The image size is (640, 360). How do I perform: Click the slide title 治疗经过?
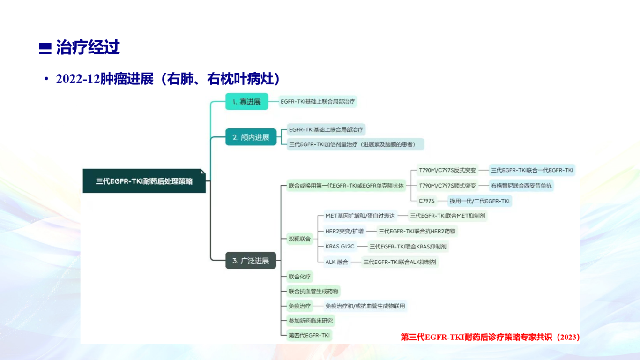(88, 47)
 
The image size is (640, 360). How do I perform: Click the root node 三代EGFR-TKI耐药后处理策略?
(144, 181)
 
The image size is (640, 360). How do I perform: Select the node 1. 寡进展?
(247, 102)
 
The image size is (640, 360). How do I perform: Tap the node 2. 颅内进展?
(251, 137)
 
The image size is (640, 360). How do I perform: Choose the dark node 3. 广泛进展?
(251, 261)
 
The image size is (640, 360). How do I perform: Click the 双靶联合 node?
(299, 239)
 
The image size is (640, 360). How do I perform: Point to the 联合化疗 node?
(299, 277)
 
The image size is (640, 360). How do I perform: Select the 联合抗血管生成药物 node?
(313, 292)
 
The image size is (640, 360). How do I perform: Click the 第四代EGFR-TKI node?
(309, 335)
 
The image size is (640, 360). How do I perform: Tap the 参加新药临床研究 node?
(311, 321)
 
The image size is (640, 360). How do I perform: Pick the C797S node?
(426, 201)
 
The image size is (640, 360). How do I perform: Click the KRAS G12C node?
(340, 247)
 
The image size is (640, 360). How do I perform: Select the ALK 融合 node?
(336, 262)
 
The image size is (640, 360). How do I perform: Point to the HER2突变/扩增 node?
(344, 231)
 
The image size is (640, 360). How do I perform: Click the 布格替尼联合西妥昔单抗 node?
(521, 186)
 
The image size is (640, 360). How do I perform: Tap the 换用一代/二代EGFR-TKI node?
(479, 201)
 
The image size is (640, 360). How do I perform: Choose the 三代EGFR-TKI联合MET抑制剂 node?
(447, 216)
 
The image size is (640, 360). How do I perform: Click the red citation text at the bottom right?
(490, 337)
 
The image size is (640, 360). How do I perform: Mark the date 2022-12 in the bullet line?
(78, 79)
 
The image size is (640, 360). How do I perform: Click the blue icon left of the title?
(45, 48)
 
